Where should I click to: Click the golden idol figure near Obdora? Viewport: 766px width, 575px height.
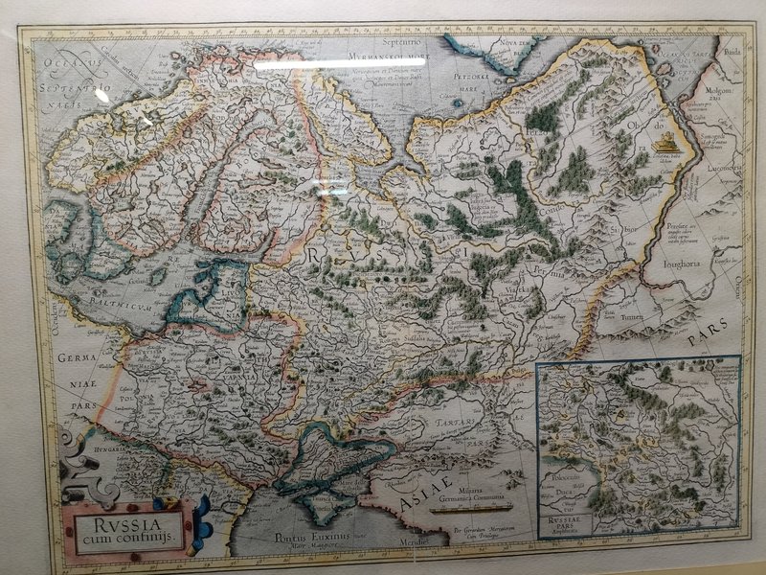(664, 144)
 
